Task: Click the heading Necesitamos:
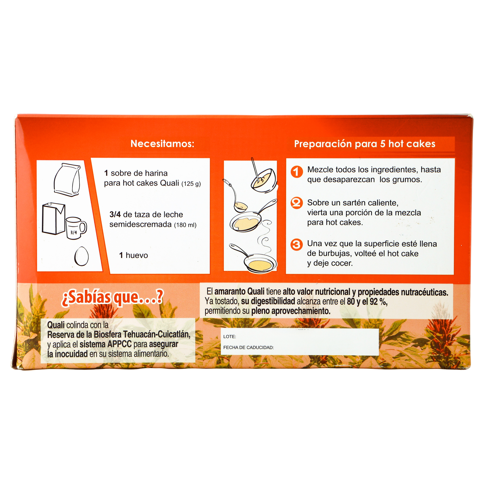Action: (162, 144)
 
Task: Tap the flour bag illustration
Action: (67, 179)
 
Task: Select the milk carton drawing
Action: (53, 219)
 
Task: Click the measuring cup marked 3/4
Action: (76, 228)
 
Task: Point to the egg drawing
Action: (82, 256)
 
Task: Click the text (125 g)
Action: (191, 184)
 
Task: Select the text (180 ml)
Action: (185, 225)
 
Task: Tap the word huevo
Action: (137, 255)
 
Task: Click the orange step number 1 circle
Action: (297, 172)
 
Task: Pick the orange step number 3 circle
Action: (297, 244)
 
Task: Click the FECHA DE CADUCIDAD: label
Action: (249, 348)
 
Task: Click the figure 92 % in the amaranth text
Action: (379, 302)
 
